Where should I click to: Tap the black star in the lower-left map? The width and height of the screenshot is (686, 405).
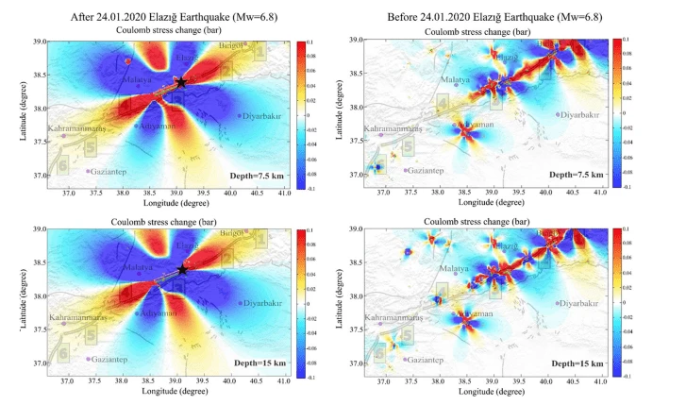pyautogui.click(x=181, y=270)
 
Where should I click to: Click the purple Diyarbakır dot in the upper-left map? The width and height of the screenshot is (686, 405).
pyautogui.click(x=241, y=116)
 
